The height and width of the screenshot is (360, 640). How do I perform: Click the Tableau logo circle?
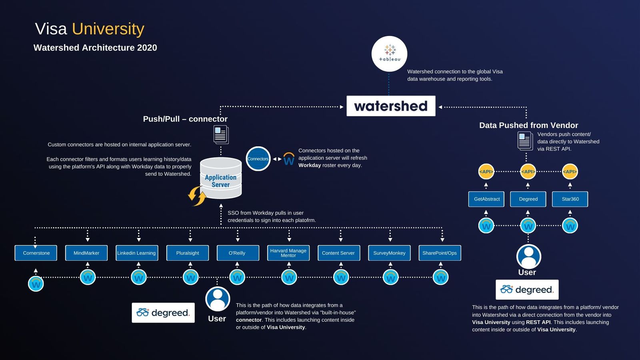click(x=389, y=54)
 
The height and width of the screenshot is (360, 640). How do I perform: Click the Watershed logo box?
click(x=391, y=106)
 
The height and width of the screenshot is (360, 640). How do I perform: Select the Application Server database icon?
click(x=221, y=178)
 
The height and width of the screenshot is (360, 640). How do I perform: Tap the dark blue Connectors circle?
click(x=258, y=159)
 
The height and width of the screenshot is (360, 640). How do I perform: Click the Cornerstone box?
click(x=36, y=253)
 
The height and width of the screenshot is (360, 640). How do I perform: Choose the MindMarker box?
click(x=86, y=253)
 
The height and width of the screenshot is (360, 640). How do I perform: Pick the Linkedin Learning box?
click(x=137, y=253)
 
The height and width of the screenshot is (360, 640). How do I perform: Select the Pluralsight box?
click(x=188, y=253)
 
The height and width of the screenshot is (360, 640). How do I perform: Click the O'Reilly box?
click(x=238, y=253)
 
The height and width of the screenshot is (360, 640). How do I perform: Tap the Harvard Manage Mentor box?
click(x=288, y=253)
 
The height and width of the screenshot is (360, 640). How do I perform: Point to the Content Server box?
click(x=339, y=253)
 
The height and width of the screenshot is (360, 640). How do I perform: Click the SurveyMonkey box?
click(x=389, y=253)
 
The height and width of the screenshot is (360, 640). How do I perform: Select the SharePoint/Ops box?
click(x=440, y=253)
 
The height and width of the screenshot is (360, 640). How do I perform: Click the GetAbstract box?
click(x=486, y=199)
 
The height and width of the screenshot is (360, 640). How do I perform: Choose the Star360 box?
click(x=570, y=199)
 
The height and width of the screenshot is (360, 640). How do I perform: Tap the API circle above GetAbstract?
click(x=486, y=172)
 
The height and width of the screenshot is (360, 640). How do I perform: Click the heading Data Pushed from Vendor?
click(x=528, y=125)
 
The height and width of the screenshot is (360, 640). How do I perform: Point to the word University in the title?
click(x=108, y=29)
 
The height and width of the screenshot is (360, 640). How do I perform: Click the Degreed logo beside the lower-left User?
click(x=163, y=312)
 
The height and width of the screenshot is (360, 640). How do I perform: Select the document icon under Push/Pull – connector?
click(x=221, y=134)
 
